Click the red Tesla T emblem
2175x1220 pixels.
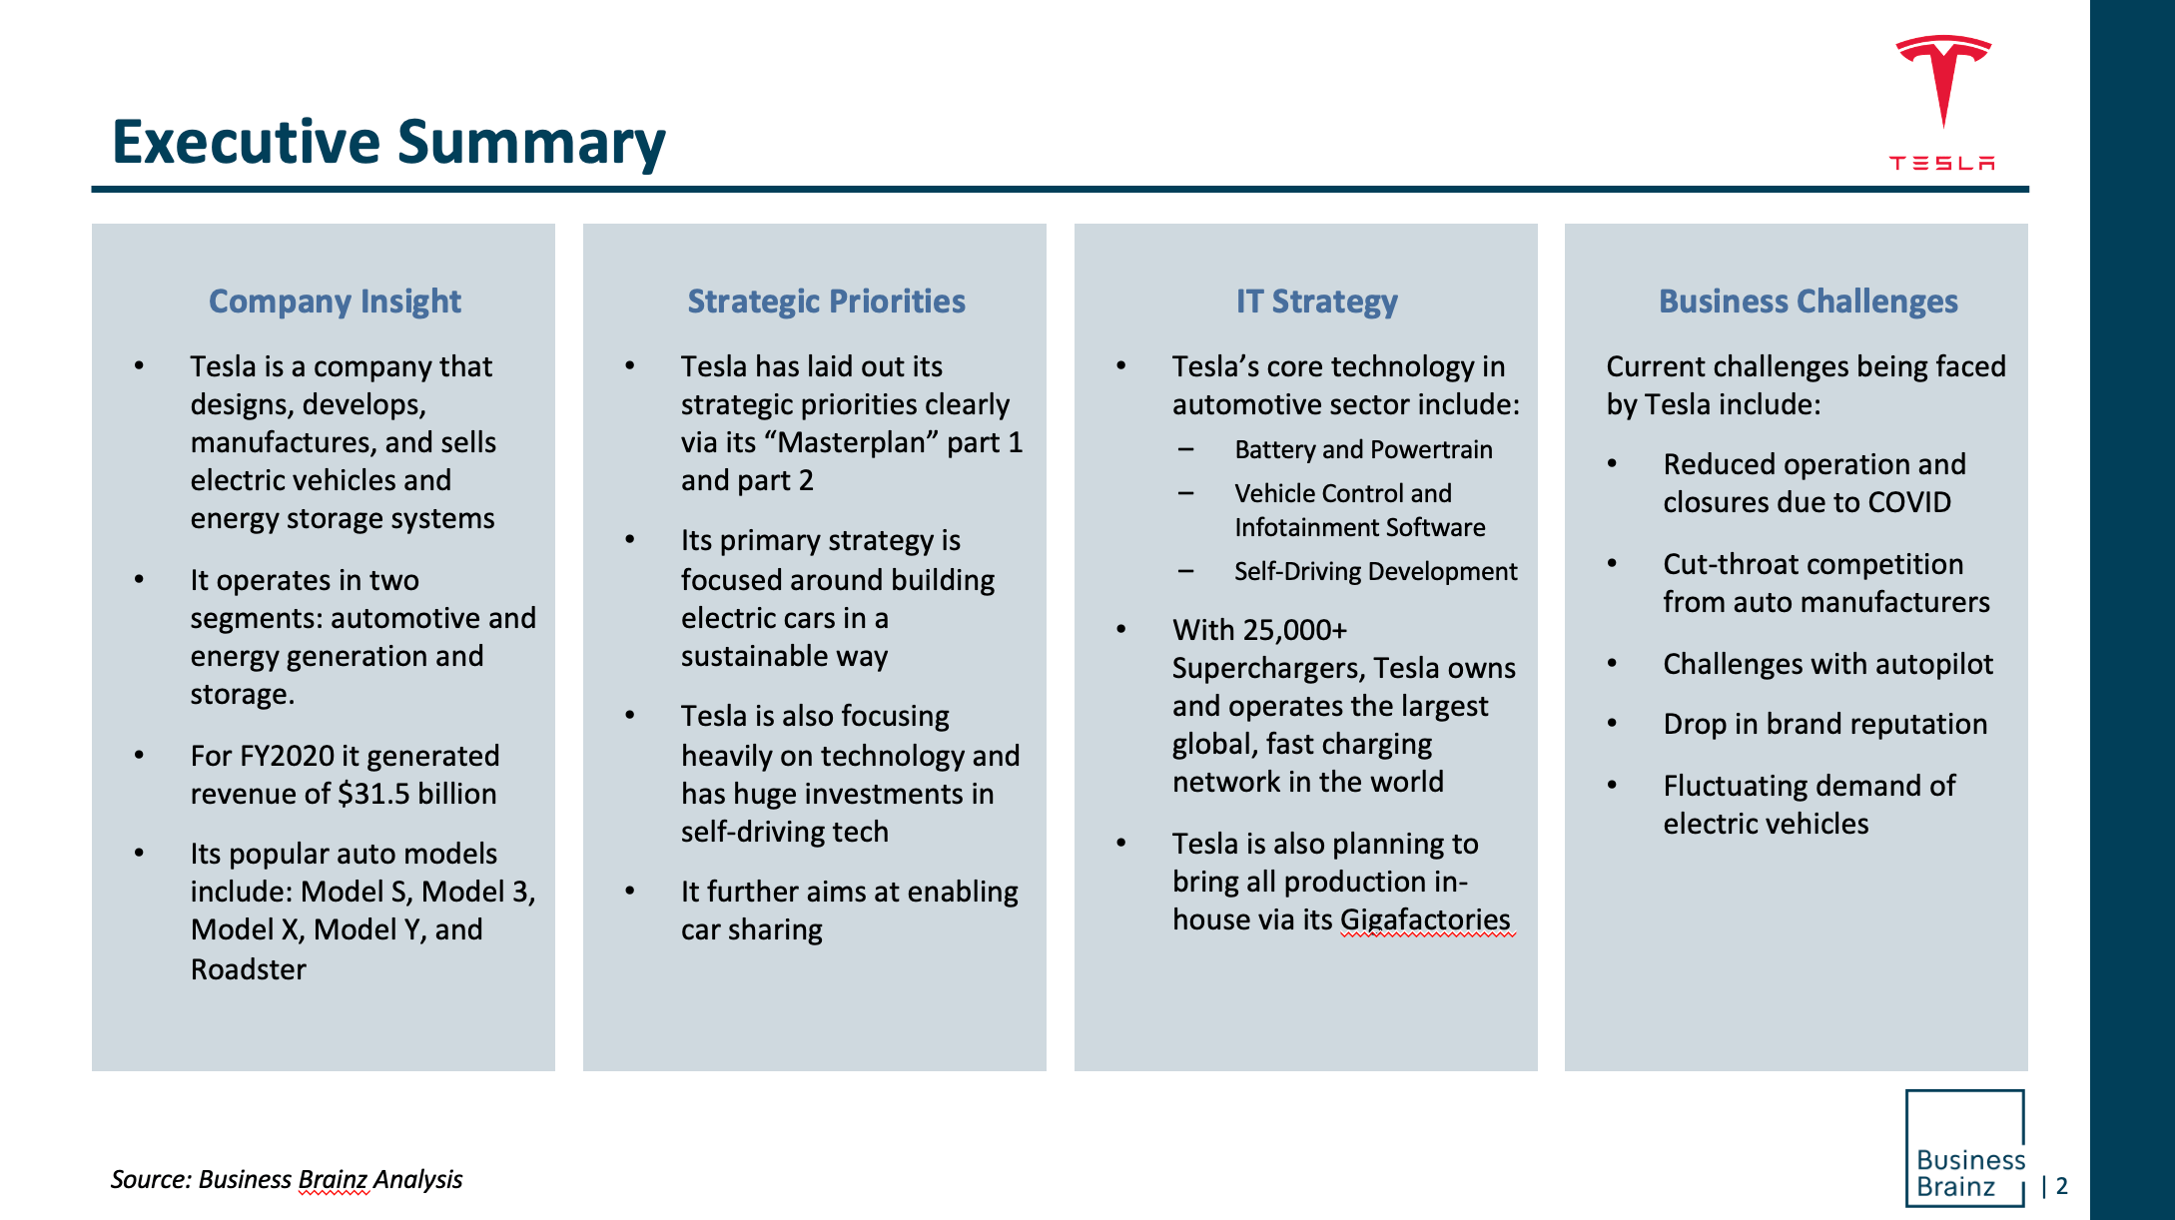click(1943, 80)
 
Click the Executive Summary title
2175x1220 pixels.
click(388, 143)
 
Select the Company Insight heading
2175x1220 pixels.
click(335, 302)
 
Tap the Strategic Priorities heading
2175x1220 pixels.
click(826, 302)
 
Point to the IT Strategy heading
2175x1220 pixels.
click(1316, 302)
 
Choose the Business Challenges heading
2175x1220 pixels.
click(1808, 302)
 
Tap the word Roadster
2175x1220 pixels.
click(249, 969)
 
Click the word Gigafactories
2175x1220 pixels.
click(1425, 919)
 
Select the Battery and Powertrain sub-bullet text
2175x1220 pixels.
click(1363, 450)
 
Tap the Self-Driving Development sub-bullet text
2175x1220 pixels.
click(1375, 572)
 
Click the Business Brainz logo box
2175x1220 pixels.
click(1965, 1148)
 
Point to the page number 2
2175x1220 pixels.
click(2062, 1186)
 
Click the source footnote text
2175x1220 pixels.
click(287, 1180)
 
